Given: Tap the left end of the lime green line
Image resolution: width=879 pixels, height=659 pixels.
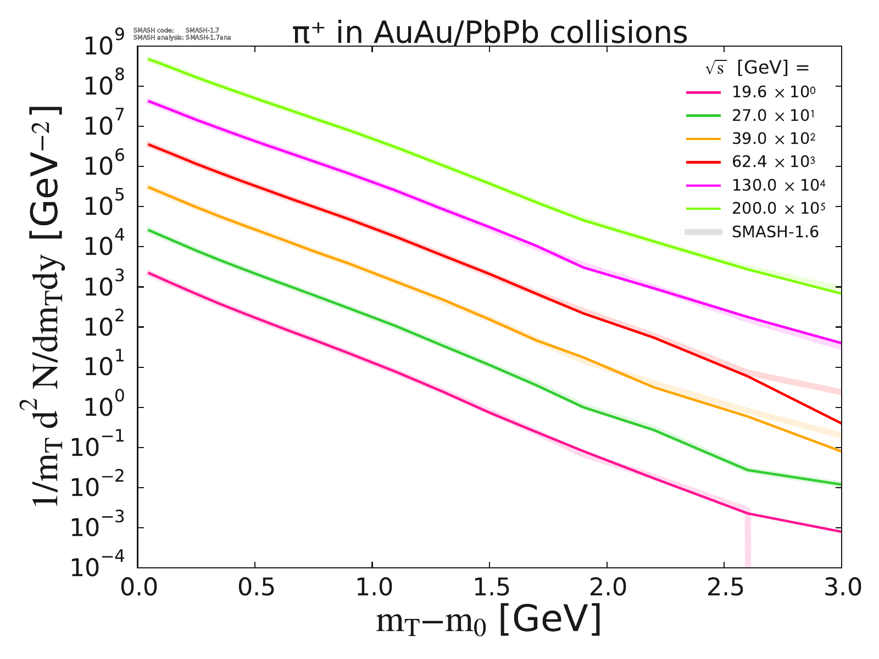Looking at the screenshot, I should click(149, 59).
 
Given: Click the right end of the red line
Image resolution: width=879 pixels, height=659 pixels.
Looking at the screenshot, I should click(841, 423).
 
